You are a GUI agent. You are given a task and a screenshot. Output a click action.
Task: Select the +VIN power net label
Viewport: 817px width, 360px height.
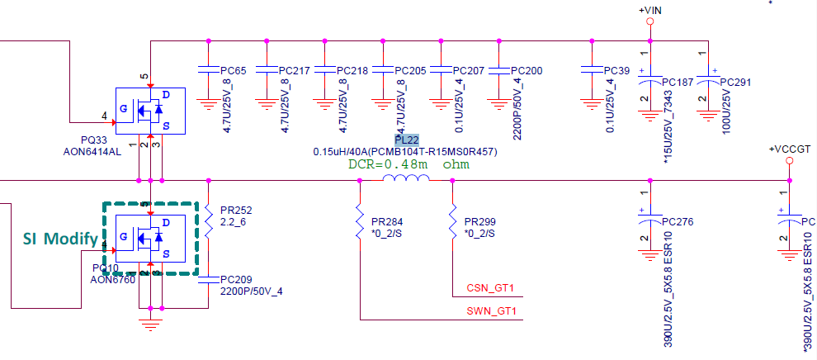650,10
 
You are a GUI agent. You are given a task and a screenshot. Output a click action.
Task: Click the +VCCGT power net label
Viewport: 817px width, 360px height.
790,149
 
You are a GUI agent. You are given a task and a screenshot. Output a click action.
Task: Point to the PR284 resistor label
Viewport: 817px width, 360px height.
387,222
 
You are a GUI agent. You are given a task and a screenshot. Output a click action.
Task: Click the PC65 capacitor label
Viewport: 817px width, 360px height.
235,71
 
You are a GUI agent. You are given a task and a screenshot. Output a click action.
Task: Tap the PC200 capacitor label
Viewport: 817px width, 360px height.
527,71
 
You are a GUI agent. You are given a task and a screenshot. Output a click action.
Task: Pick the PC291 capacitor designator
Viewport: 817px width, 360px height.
736,83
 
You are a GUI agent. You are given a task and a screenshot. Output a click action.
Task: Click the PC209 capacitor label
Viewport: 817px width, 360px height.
236,279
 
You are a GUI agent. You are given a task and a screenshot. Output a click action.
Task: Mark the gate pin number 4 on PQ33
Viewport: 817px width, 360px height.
104,115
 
